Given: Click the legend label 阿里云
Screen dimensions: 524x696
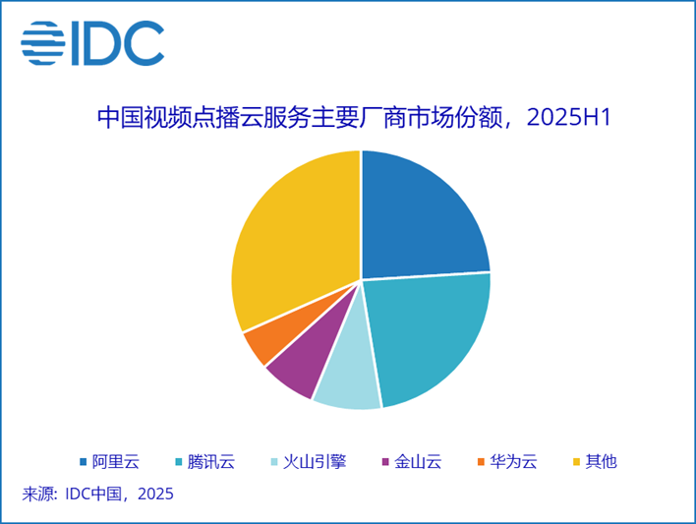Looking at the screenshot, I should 116,460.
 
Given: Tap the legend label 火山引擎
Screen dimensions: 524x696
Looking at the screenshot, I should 315,460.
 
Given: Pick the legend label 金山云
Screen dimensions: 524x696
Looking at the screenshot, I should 417,460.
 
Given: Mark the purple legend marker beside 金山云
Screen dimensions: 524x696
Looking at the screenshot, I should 385,460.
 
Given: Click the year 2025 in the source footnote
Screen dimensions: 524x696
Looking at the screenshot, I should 153,494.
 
